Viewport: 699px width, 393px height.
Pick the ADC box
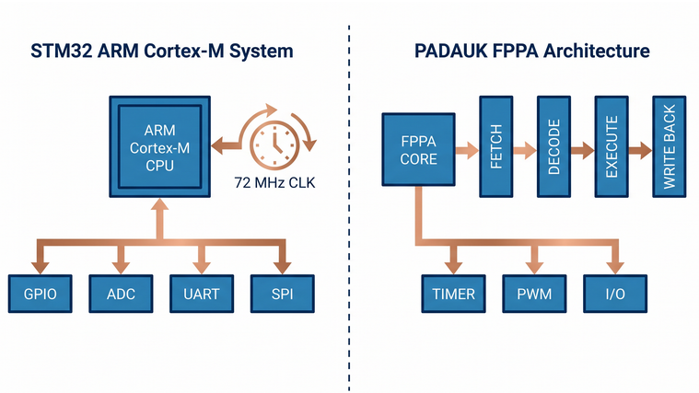click(119, 294)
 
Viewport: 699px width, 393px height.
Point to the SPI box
click(281, 294)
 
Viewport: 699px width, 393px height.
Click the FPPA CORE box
click(419, 149)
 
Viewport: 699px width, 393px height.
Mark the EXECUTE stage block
click(612, 145)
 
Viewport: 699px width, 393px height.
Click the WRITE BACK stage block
click(669, 144)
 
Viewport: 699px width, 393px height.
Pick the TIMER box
click(453, 294)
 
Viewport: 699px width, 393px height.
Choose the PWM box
click(533, 294)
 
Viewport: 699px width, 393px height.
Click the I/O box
click(613, 294)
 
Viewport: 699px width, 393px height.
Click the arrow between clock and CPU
click(227, 144)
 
